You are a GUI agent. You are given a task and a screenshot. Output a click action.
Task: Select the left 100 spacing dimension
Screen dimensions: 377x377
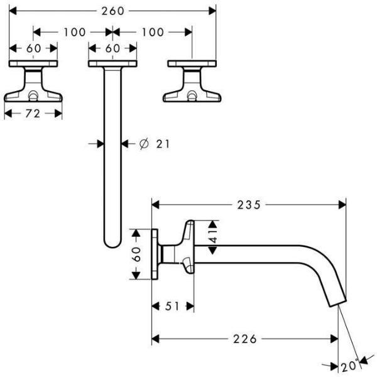(x=74, y=31)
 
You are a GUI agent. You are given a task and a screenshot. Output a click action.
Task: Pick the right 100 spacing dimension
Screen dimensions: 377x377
(x=151, y=31)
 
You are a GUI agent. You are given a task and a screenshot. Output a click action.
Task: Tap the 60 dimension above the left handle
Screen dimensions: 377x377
(x=33, y=48)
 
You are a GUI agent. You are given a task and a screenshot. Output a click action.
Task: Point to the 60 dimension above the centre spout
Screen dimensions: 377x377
(x=112, y=48)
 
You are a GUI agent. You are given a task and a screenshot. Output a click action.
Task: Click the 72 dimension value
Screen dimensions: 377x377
(x=33, y=113)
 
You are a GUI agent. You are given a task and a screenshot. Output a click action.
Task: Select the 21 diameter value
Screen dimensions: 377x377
(x=163, y=144)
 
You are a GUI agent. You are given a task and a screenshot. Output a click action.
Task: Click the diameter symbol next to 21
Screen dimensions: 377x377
(x=143, y=144)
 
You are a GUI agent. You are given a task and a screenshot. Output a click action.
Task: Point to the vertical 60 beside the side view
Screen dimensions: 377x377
(x=138, y=255)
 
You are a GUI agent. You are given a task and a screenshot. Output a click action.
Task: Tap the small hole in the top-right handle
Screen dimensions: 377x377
(x=192, y=96)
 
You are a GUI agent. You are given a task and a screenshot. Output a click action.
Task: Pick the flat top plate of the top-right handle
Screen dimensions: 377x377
(x=192, y=63)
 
